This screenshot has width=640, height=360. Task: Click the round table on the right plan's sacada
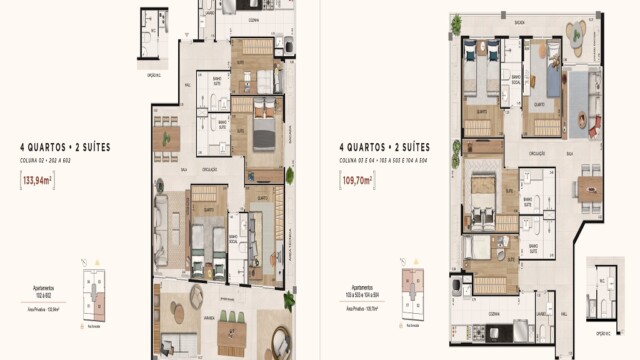click(578, 36)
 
